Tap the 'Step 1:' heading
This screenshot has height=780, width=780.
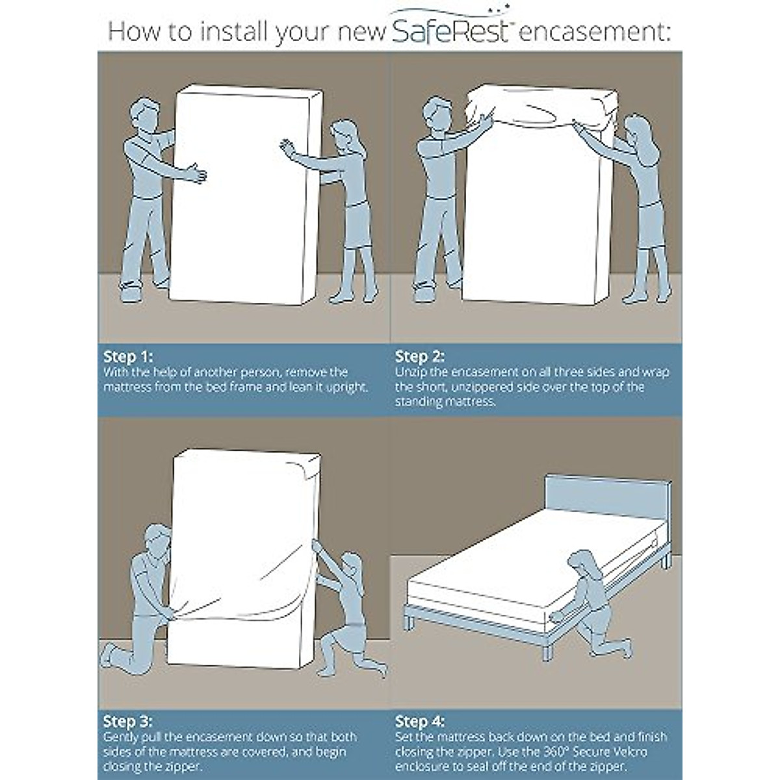(x=128, y=357)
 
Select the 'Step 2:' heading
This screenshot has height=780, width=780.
(x=420, y=357)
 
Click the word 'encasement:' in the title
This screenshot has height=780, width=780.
(x=594, y=32)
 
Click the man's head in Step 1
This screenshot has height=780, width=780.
(x=144, y=114)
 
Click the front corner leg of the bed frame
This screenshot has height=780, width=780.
(x=547, y=651)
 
